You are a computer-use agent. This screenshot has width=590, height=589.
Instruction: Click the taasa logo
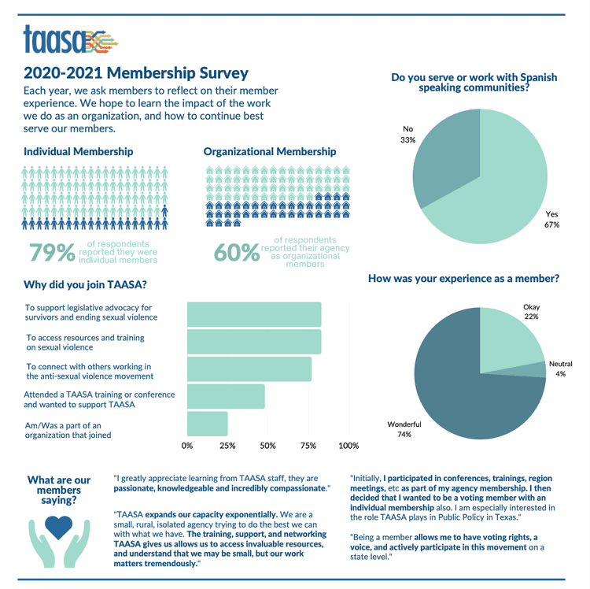coord(71,39)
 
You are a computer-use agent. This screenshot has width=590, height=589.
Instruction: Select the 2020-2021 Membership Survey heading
coord(136,72)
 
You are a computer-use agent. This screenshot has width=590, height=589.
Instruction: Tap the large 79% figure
coord(52,252)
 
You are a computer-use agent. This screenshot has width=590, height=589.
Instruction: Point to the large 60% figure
coord(237,252)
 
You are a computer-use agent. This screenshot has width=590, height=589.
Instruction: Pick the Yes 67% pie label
coord(551,219)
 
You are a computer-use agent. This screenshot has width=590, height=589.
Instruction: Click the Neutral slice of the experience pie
coord(534,371)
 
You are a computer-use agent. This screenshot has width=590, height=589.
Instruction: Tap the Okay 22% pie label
coord(531,312)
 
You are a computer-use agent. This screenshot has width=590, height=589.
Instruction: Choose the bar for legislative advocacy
coord(254,314)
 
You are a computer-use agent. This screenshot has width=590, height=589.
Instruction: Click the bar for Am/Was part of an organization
coord(208,424)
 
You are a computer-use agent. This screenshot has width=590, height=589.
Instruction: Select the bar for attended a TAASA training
coord(226,396)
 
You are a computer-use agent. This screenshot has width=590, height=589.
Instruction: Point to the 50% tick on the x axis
coord(268,446)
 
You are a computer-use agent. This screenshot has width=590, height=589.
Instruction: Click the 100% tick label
coord(348,446)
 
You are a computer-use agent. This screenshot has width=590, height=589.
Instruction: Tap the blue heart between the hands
coord(58,528)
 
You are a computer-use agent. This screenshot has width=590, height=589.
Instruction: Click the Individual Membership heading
coord(78,151)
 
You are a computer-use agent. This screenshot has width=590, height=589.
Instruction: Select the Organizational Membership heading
coord(270,151)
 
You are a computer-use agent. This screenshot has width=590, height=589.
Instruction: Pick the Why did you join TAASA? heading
coord(85,284)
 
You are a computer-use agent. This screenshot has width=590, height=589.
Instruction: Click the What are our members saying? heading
coord(59,490)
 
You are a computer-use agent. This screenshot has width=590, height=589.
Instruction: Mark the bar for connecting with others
coord(249,369)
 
